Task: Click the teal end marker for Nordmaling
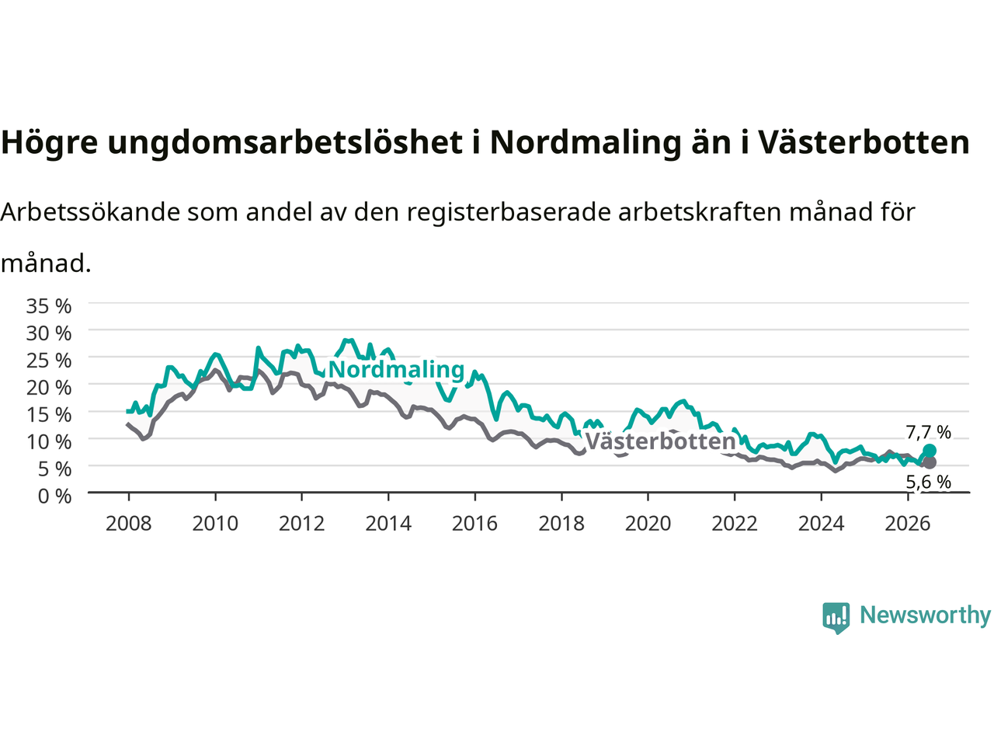click(929, 451)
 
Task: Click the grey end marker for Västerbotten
click(929, 462)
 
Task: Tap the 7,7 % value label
click(928, 433)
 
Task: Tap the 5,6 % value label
click(928, 482)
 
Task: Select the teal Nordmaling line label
click(396, 370)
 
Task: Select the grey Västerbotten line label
click(660, 441)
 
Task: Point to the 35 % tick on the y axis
click(49, 306)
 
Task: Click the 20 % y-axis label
click(49, 388)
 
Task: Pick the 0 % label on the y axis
click(55, 497)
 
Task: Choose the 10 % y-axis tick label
click(49, 442)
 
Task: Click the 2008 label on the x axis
click(129, 524)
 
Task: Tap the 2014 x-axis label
click(388, 524)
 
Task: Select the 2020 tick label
click(648, 524)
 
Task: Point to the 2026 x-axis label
click(908, 524)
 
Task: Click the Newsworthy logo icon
click(836, 618)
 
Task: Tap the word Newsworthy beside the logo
click(926, 615)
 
